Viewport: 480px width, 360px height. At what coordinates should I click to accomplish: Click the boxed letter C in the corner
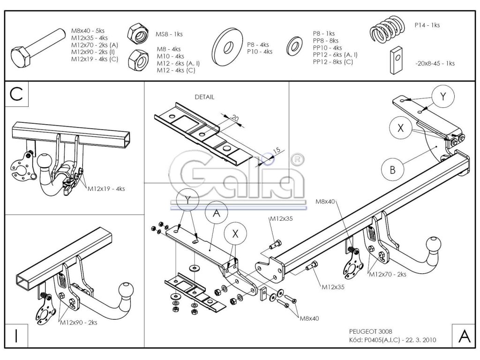click(x=16, y=94)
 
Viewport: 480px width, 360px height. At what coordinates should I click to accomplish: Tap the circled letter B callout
click(x=392, y=170)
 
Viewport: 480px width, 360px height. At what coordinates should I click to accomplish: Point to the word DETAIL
click(x=204, y=97)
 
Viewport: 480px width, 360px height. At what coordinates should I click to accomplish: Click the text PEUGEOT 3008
click(x=367, y=331)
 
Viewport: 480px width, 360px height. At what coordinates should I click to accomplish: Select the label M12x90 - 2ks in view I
click(x=78, y=322)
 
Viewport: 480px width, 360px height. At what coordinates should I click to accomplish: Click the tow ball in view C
click(x=45, y=160)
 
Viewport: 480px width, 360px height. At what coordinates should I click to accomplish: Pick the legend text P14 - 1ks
click(x=427, y=25)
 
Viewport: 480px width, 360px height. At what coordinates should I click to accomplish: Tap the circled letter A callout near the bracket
click(x=216, y=213)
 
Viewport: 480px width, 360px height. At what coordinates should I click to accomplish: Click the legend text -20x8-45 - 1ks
click(x=434, y=63)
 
